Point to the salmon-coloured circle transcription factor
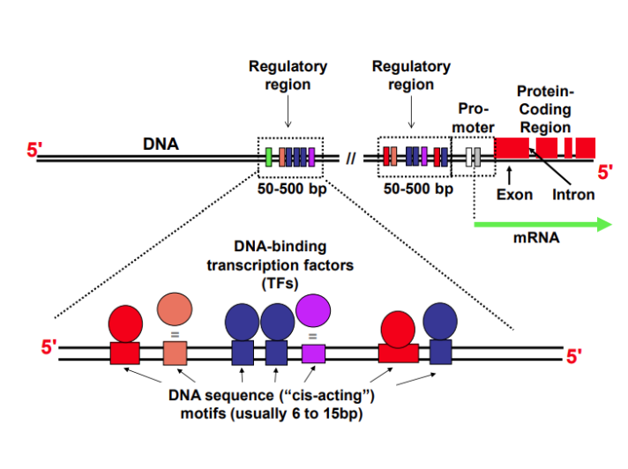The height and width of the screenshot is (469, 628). tap(174, 309)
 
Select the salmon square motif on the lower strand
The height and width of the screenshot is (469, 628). tap(175, 354)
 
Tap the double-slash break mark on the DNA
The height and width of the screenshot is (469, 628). tap(351, 159)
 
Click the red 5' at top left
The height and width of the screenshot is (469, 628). tap(34, 151)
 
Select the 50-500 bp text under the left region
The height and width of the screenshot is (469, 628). tap(288, 189)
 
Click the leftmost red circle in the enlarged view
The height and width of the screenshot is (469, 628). tap(125, 323)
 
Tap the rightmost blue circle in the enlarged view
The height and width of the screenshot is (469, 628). tap(438, 323)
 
